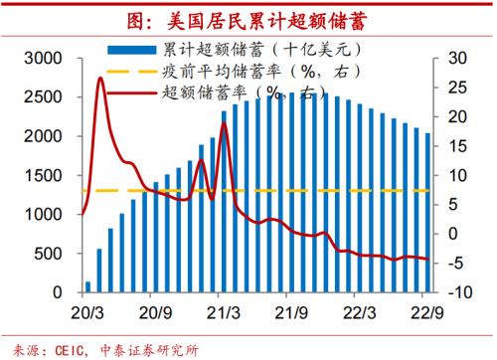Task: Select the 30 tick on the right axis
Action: coord(454,58)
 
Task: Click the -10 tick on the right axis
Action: coord(457,292)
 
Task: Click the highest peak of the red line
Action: coord(100,78)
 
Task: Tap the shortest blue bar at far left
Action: coord(87,286)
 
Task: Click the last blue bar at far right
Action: coord(427,213)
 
